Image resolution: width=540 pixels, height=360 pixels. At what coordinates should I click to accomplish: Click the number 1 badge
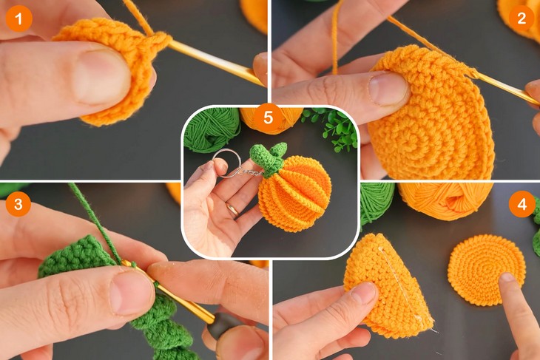click(18, 18)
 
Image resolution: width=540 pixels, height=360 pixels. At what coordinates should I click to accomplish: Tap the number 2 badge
click(522, 18)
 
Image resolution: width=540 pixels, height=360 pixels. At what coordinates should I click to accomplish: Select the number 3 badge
click(18, 203)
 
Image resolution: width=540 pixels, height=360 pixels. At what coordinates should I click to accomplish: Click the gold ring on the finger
click(233, 209)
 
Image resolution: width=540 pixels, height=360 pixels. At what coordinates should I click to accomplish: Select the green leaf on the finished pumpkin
click(268, 154)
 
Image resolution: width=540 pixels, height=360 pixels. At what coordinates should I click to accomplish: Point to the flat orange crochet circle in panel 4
click(485, 268)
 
